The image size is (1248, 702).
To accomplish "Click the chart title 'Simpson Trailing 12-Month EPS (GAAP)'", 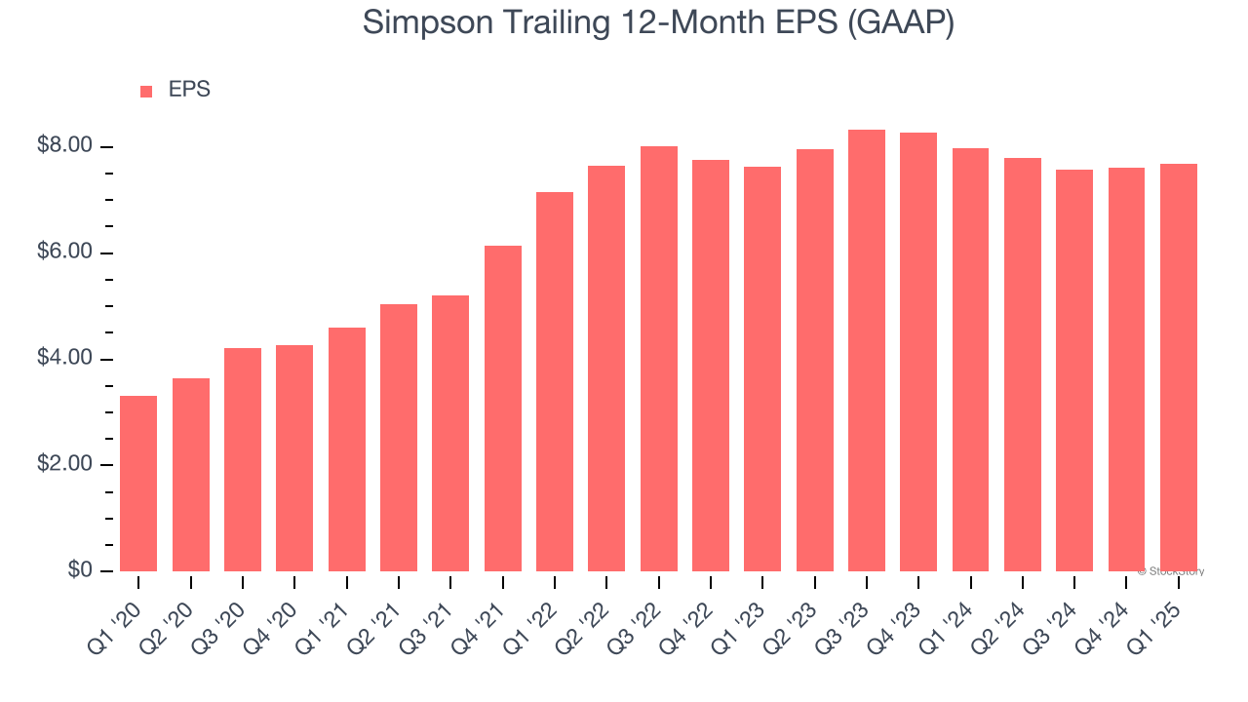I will pos(658,21).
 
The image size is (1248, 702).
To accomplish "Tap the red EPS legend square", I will pos(146,91).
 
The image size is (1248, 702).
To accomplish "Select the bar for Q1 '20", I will pos(138,483).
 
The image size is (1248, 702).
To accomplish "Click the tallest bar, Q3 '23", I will pos(867,351).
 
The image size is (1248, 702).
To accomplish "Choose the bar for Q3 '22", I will pos(659,359).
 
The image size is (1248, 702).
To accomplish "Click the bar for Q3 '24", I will pos(1074,370).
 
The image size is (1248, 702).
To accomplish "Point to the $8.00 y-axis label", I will pos(64,146).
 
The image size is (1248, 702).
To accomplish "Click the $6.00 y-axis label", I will pos(64,253).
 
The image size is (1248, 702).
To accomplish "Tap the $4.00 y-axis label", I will pos(64,359).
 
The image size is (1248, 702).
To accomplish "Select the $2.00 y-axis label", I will pos(64,465).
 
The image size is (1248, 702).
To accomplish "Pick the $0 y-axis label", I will pos(79,571).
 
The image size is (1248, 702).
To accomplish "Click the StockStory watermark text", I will pos(1171,571).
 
